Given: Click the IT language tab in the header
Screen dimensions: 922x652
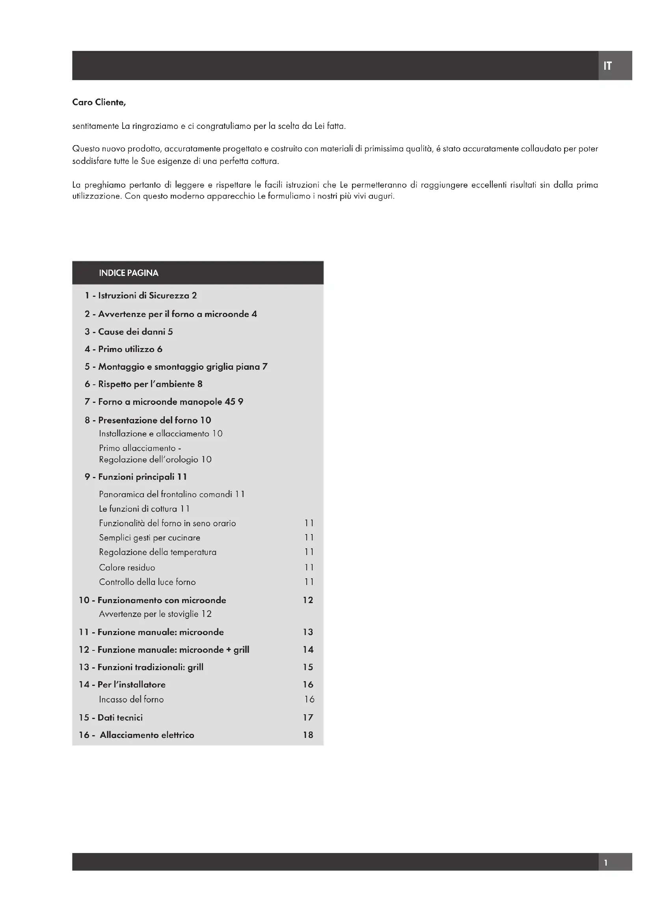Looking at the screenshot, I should pos(607,66).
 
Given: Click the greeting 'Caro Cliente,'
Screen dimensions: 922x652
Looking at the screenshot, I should pos(99,102).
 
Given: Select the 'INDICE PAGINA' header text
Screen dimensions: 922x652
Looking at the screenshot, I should pos(129,273).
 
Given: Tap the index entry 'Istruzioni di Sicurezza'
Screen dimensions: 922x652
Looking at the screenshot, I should pos(143,296).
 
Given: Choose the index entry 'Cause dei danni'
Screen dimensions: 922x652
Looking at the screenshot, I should pos(132,332).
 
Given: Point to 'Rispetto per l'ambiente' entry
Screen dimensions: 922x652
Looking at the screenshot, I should pos(146,384).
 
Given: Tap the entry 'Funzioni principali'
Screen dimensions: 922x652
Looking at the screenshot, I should pos(136,477).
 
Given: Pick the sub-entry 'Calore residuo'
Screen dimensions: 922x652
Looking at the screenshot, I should pos(127,568).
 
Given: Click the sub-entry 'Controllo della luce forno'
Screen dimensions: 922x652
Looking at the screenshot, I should pos(147,582).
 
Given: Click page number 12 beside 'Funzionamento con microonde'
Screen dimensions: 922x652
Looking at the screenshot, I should pos(308,600).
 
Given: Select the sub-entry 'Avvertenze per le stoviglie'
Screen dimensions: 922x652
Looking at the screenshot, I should pos(149,614).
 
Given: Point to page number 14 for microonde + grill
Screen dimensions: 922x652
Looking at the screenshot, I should pos(308,650).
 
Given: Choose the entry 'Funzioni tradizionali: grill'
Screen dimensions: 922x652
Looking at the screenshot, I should pos(150,667).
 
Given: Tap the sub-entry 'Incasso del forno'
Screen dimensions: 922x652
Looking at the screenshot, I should pos(131,700).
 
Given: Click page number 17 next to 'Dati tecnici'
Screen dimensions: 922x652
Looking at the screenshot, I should pos(308,717).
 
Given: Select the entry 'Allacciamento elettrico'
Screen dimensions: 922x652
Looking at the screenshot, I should pos(147,735).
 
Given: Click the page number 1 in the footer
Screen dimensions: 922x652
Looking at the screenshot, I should pos(606,862).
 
